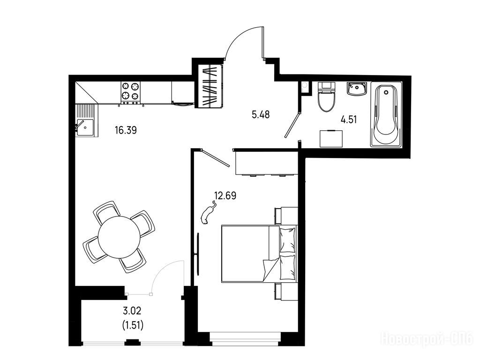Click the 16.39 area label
(126, 130)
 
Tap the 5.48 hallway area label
(261, 115)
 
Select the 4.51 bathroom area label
(349, 120)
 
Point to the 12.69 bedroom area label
(225, 195)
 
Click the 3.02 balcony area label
(132, 311)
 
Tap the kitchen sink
(85, 127)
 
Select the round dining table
(119, 237)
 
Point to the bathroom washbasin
(357, 89)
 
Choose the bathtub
(386, 114)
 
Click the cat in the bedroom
(208, 212)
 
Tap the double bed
(259, 253)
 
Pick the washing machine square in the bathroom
(331, 138)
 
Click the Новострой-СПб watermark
(427, 339)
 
